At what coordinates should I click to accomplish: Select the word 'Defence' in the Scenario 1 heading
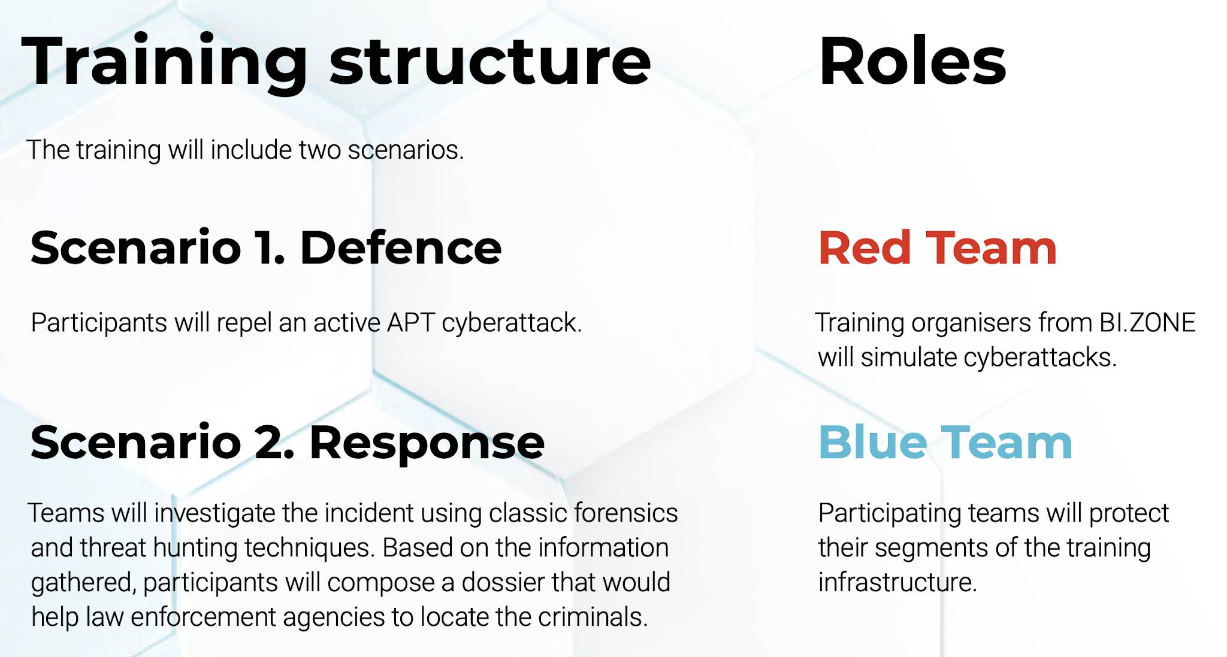(400, 247)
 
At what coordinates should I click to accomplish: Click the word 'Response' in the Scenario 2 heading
(427, 443)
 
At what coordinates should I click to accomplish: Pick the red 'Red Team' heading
(938, 247)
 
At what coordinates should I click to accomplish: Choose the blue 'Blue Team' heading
(945, 443)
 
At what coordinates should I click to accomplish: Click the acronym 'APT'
(411, 323)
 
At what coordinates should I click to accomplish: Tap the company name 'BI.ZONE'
(1147, 323)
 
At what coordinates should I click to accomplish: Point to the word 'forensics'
(625, 513)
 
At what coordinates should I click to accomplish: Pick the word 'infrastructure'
(897, 582)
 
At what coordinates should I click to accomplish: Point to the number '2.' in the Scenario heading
(275, 443)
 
